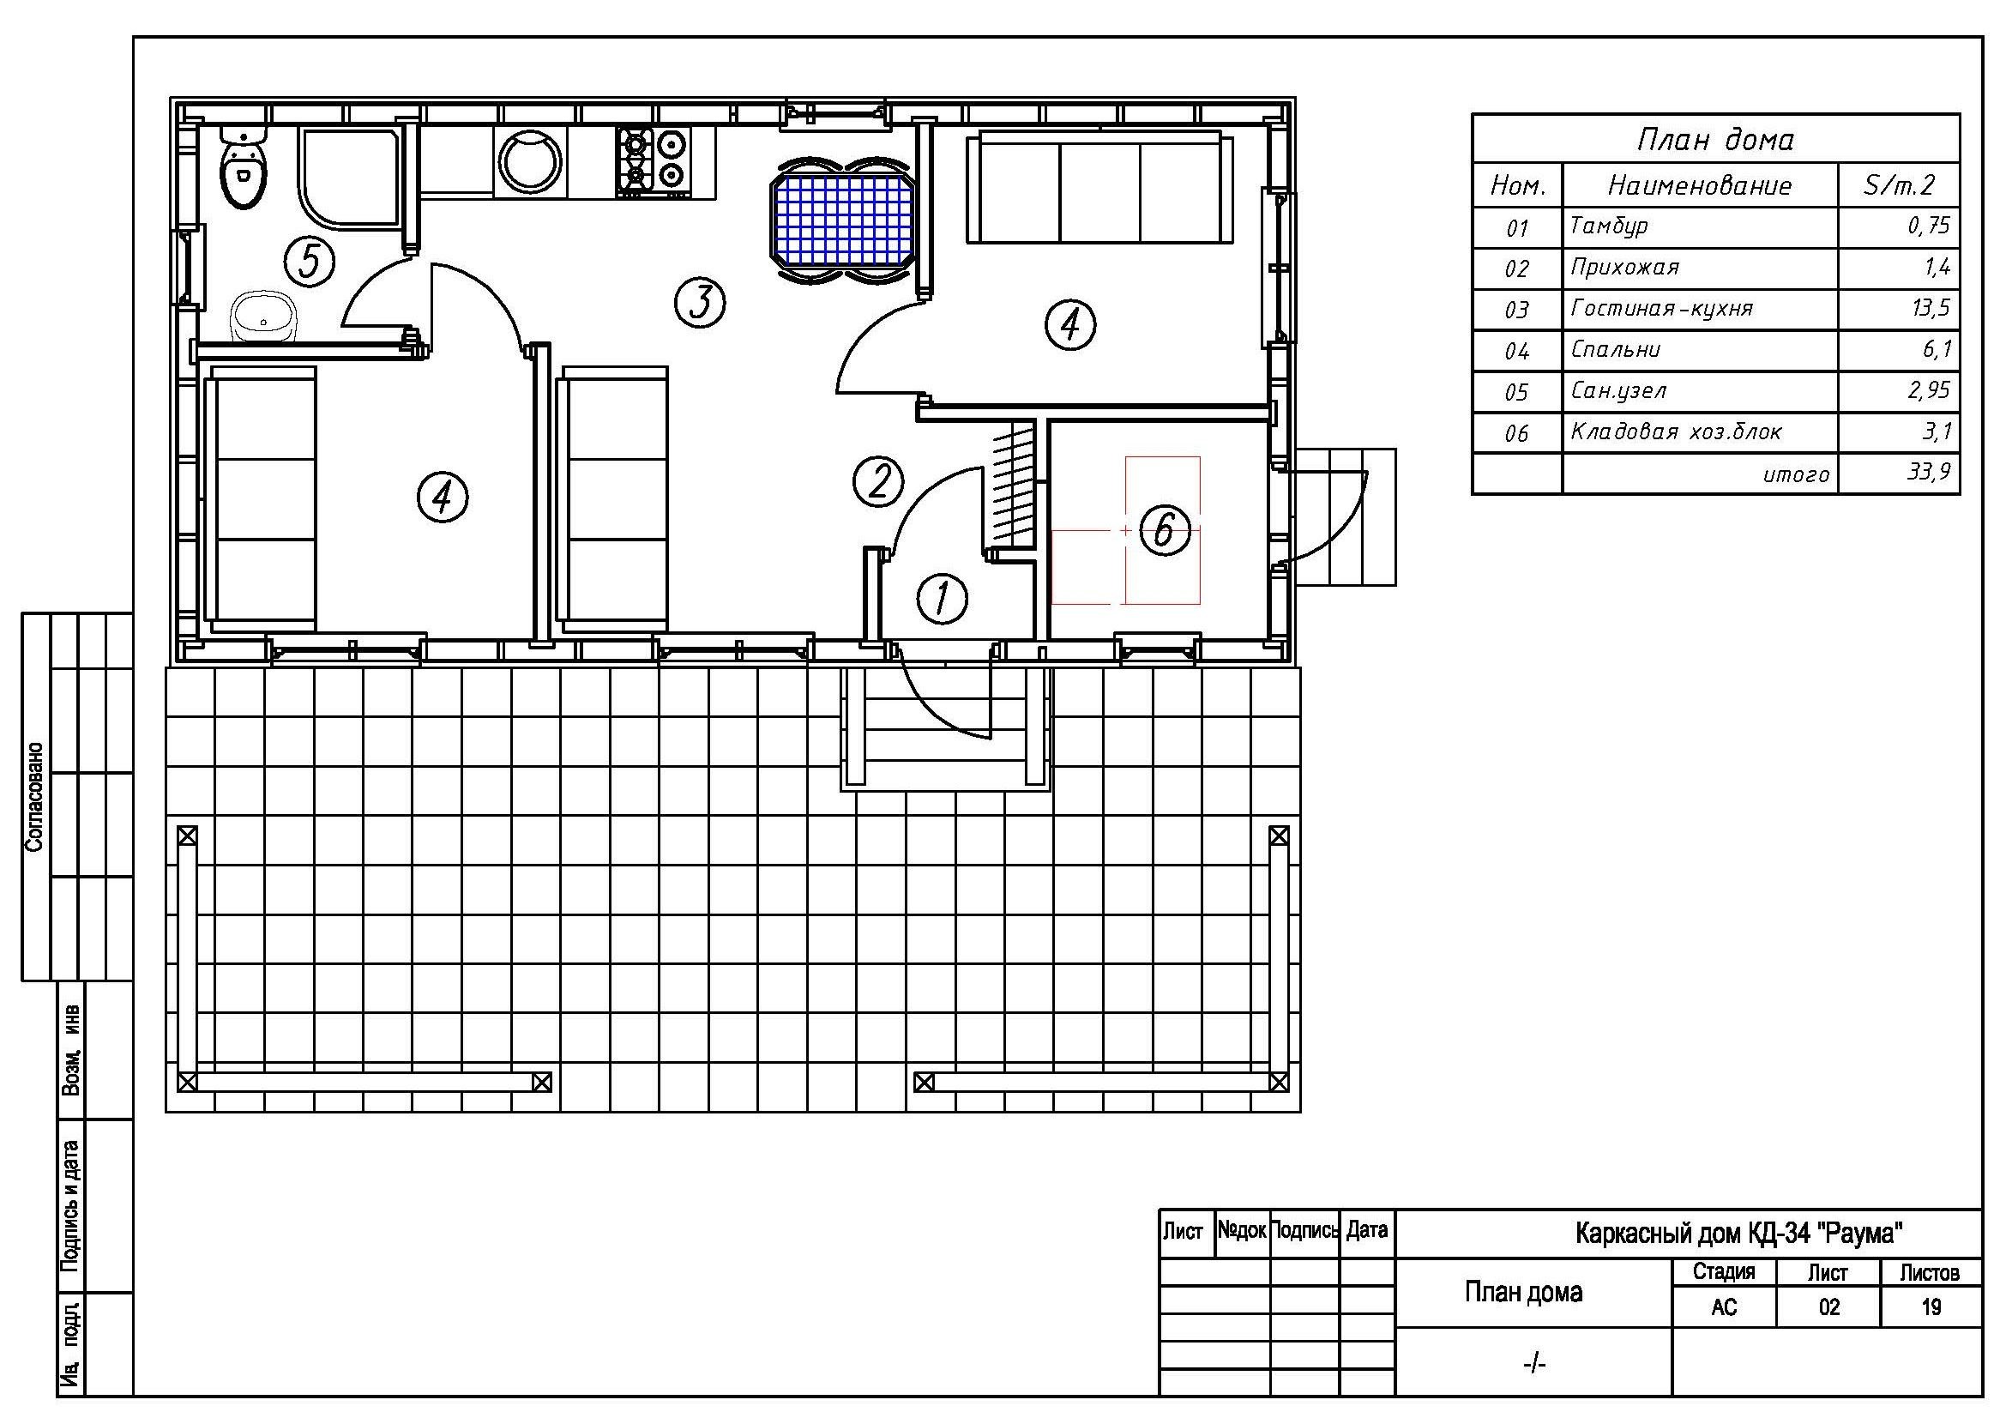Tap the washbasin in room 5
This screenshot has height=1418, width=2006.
click(x=265, y=316)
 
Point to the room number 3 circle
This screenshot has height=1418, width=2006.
click(x=700, y=302)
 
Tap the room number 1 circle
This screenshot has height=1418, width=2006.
click(x=942, y=600)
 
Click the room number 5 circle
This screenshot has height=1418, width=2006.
click(x=310, y=262)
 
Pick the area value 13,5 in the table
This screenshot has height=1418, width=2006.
click(x=1929, y=309)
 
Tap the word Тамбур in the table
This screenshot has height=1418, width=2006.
click(x=1608, y=226)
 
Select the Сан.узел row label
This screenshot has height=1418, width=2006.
click(x=1618, y=390)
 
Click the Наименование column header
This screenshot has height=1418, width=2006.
click(x=1699, y=185)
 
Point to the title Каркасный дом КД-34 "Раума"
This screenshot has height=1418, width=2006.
click(x=1739, y=1233)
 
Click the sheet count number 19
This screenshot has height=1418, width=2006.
click(x=1931, y=1307)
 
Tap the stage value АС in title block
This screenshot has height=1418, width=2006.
click(x=1724, y=1307)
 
